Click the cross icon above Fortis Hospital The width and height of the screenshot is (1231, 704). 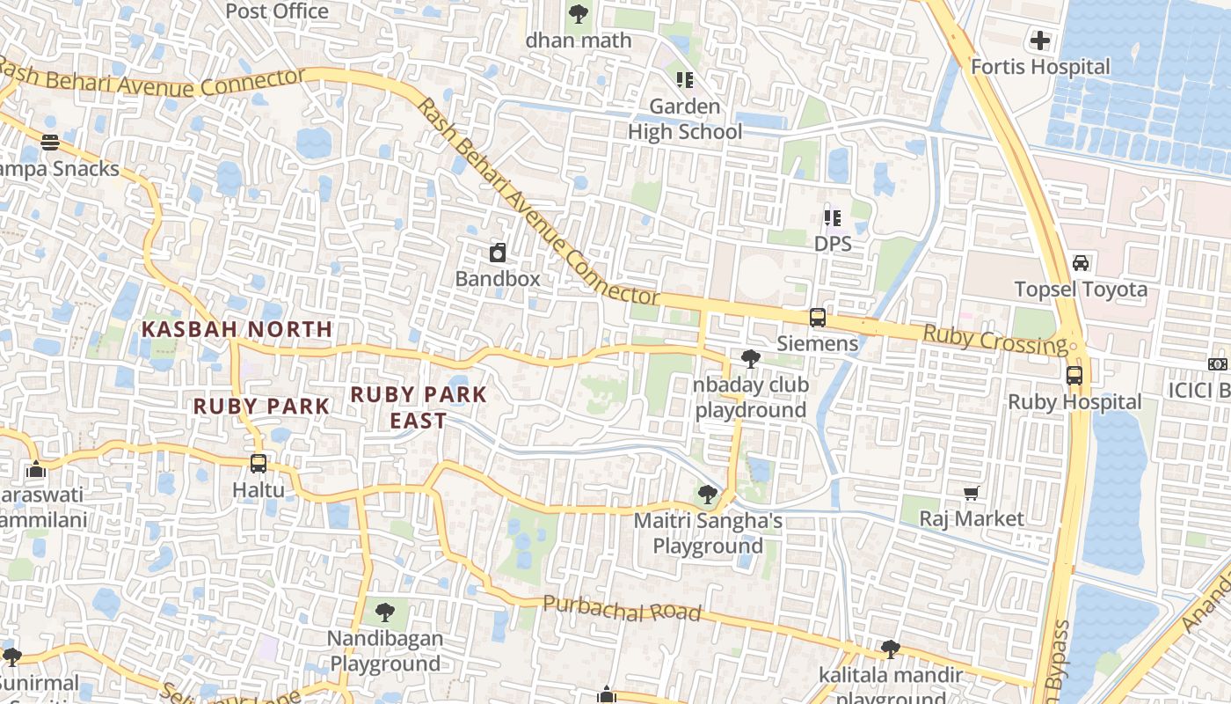point(1040,40)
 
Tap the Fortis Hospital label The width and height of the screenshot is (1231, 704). point(1040,67)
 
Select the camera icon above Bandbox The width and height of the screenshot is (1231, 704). point(498,253)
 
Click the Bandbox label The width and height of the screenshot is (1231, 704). point(498,279)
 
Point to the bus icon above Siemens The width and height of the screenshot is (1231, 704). point(818,318)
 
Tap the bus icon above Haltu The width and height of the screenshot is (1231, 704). point(259,464)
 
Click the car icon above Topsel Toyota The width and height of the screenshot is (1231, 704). point(1081,263)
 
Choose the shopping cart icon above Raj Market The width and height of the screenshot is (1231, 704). point(972,494)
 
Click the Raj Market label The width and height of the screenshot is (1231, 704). point(972,519)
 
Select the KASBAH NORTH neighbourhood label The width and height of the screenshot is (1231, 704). point(237,329)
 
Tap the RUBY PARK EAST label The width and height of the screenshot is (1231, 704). point(419,407)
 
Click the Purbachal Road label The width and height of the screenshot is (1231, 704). point(622,608)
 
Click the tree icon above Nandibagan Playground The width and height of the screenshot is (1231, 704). point(385,612)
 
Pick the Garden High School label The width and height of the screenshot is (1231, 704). point(685,120)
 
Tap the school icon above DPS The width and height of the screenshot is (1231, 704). point(833,217)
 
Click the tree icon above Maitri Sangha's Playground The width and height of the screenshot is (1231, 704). point(708,495)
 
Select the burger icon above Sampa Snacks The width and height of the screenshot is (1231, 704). point(50,143)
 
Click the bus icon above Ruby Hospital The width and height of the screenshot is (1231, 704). point(1074,376)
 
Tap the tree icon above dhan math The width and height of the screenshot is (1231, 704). point(579,14)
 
